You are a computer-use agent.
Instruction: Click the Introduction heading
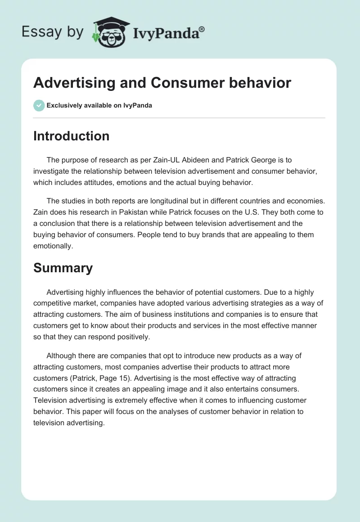pos(71,136)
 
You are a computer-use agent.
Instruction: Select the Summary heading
pos(63,268)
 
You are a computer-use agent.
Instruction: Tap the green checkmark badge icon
pos(39,105)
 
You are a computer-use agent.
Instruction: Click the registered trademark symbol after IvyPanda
pos(202,29)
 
